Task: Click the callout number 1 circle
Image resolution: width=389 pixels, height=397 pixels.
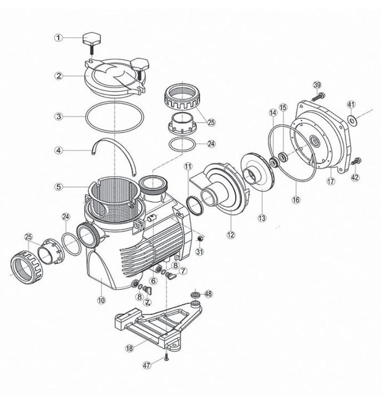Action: point(59,37)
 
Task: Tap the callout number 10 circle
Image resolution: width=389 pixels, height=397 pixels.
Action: point(101,300)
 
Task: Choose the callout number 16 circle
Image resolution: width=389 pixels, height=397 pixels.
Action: point(296,200)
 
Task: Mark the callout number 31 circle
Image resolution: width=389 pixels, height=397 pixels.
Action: point(200,252)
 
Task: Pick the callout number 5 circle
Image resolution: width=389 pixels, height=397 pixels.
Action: point(59,187)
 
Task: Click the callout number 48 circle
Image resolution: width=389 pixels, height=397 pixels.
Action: point(208,294)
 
